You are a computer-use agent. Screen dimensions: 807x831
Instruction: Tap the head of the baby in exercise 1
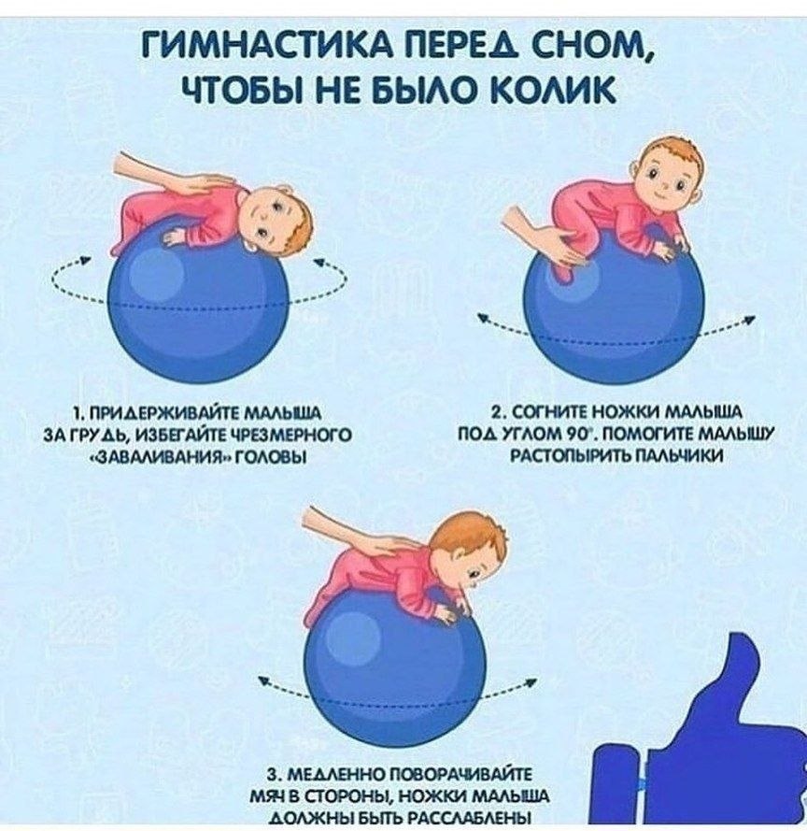[x=279, y=219]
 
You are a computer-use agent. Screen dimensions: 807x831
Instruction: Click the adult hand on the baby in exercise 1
[x=168, y=173]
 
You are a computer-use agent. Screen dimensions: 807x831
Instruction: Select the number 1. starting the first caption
[x=78, y=413]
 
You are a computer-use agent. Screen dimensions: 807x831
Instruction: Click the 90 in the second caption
[x=573, y=435]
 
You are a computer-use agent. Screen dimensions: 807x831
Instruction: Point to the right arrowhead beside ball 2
[x=750, y=320]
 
